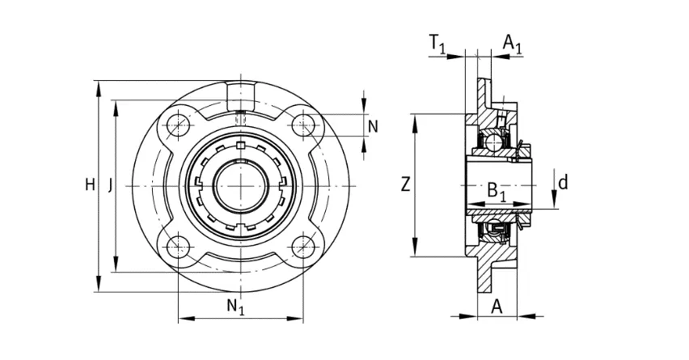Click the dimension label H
(x=90, y=185)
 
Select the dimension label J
(x=110, y=186)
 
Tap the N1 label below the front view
(x=235, y=306)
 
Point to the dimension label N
(x=373, y=126)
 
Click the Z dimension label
(x=405, y=184)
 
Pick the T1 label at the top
(x=437, y=44)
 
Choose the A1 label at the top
(x=513, y=44)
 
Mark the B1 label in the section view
(x=497, y=192)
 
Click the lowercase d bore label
(x=563, y=181)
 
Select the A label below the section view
(x=497, y=307)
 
